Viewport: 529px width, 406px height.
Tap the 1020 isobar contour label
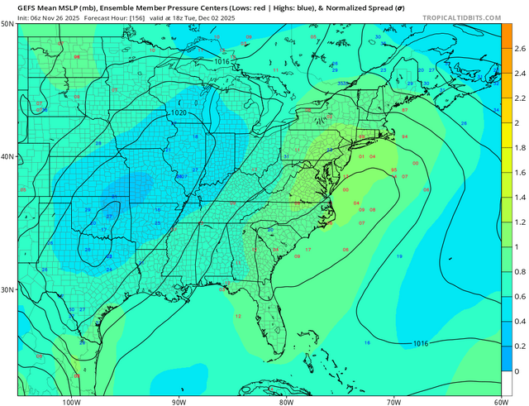[x=179, y=112]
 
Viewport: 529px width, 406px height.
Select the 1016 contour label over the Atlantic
[x=420, y=342]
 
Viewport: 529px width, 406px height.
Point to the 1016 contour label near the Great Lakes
[x=222, y=61]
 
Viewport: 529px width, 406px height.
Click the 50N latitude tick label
[x=7, y=25]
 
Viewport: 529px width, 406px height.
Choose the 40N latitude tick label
[x=7, y=156]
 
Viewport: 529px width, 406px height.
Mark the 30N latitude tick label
[x=7, y=289]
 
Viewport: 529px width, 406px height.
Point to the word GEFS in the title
[x=28, y=6]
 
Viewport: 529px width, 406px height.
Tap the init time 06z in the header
[x=33, y=16]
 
